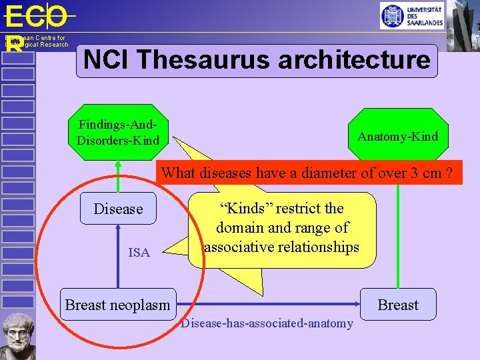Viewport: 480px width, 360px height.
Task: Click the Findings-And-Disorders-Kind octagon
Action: coord(118,132)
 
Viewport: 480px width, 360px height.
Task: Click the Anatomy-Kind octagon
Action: coord(397,137)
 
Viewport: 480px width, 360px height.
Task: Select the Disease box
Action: coord(118,209)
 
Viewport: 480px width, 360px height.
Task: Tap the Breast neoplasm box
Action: coord(117,305)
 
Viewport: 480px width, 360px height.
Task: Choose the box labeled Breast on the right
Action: coord(398,305)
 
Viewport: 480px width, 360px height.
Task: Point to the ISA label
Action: coord(139,252)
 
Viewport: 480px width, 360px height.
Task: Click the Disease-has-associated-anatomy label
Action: coord(267,323)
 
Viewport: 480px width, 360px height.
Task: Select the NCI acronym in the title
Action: coord(107,60)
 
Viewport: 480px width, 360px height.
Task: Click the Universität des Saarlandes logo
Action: coord(411,15)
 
